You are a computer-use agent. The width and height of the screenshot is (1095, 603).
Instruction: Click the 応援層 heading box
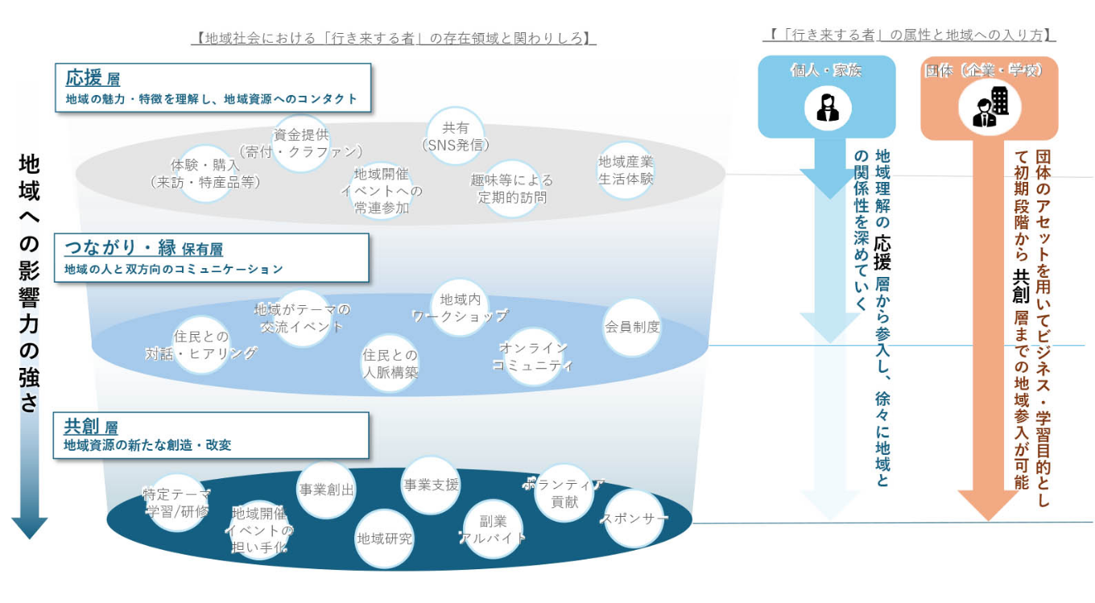click(213, 89)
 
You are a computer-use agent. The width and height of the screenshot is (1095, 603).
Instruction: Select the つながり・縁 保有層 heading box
click(211, 258)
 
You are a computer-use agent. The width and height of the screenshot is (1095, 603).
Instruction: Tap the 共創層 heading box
click(211, 436)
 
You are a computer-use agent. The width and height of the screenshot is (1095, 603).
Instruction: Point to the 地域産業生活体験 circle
click(626, 170)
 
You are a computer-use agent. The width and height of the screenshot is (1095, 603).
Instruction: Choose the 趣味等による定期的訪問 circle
click(512, 189)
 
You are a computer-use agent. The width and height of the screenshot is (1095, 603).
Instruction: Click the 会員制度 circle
click(632, 327)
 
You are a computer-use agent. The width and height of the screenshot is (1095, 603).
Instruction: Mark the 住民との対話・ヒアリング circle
click(201, 345)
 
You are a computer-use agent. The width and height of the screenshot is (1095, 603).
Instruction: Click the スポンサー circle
click(634, 518)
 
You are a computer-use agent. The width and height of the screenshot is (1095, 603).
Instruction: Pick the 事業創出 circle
click(326, 489)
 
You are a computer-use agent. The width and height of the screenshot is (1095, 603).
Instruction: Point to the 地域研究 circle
click(384, 538)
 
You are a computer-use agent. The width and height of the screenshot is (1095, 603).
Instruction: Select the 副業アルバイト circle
click(492, 529)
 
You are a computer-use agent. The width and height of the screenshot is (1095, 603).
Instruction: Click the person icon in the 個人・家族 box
click(828, 106)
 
